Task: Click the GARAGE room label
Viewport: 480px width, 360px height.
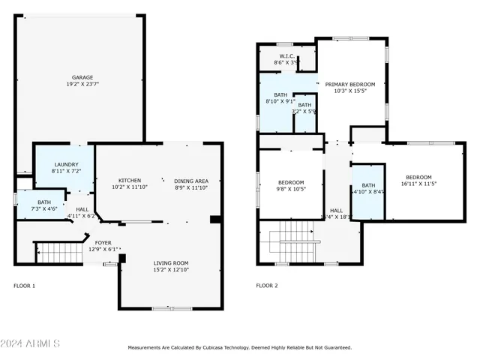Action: point(82,77)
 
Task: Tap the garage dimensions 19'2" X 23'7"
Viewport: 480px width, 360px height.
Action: point(82,85)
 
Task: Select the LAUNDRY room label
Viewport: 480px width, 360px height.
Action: point(66,164)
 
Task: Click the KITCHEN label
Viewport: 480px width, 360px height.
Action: point(130,180)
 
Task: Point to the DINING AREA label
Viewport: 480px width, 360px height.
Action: point(190,180)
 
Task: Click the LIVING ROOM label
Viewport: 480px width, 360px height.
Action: point(172,262)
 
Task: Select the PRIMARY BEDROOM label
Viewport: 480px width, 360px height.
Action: point(349,84)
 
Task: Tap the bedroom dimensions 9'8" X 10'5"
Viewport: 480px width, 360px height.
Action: point(291,190)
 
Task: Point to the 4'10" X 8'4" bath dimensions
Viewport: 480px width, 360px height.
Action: point(368,192)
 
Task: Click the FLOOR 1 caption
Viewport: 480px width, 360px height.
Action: point(25,286)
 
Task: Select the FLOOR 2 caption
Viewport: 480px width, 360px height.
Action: point(266,286)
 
